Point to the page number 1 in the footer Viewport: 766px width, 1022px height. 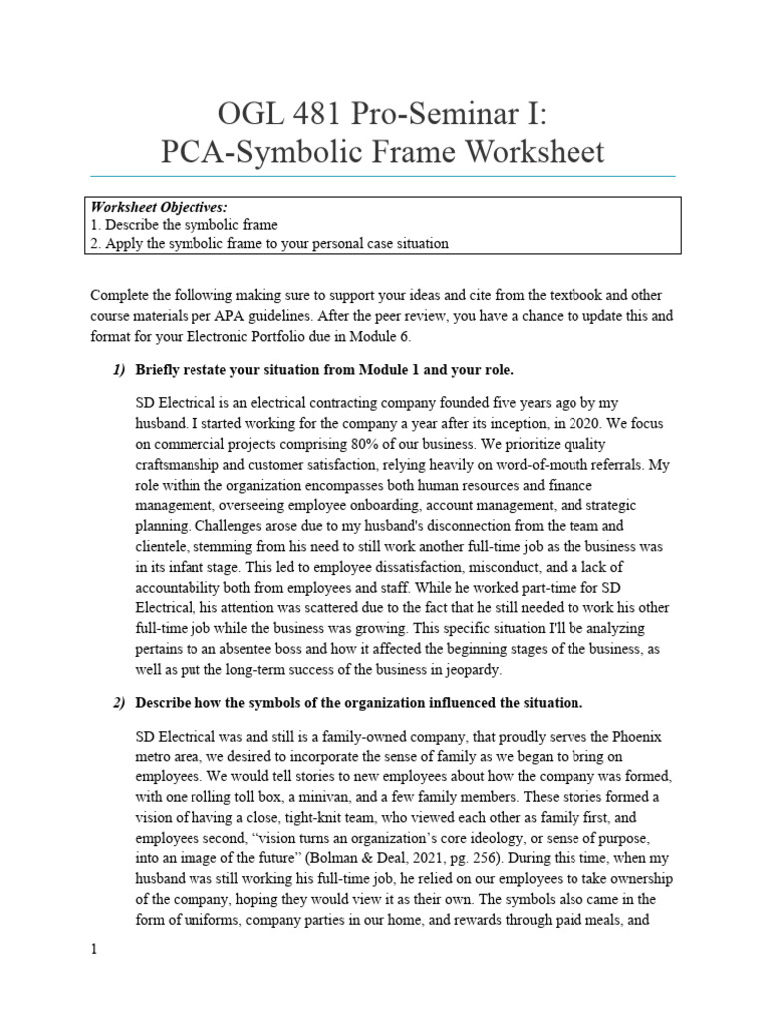coord(94,950)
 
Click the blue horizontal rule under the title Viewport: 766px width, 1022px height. coord(383,176)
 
